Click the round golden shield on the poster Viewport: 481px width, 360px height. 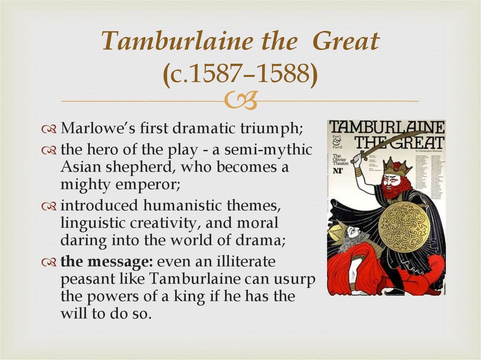[403, 227]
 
